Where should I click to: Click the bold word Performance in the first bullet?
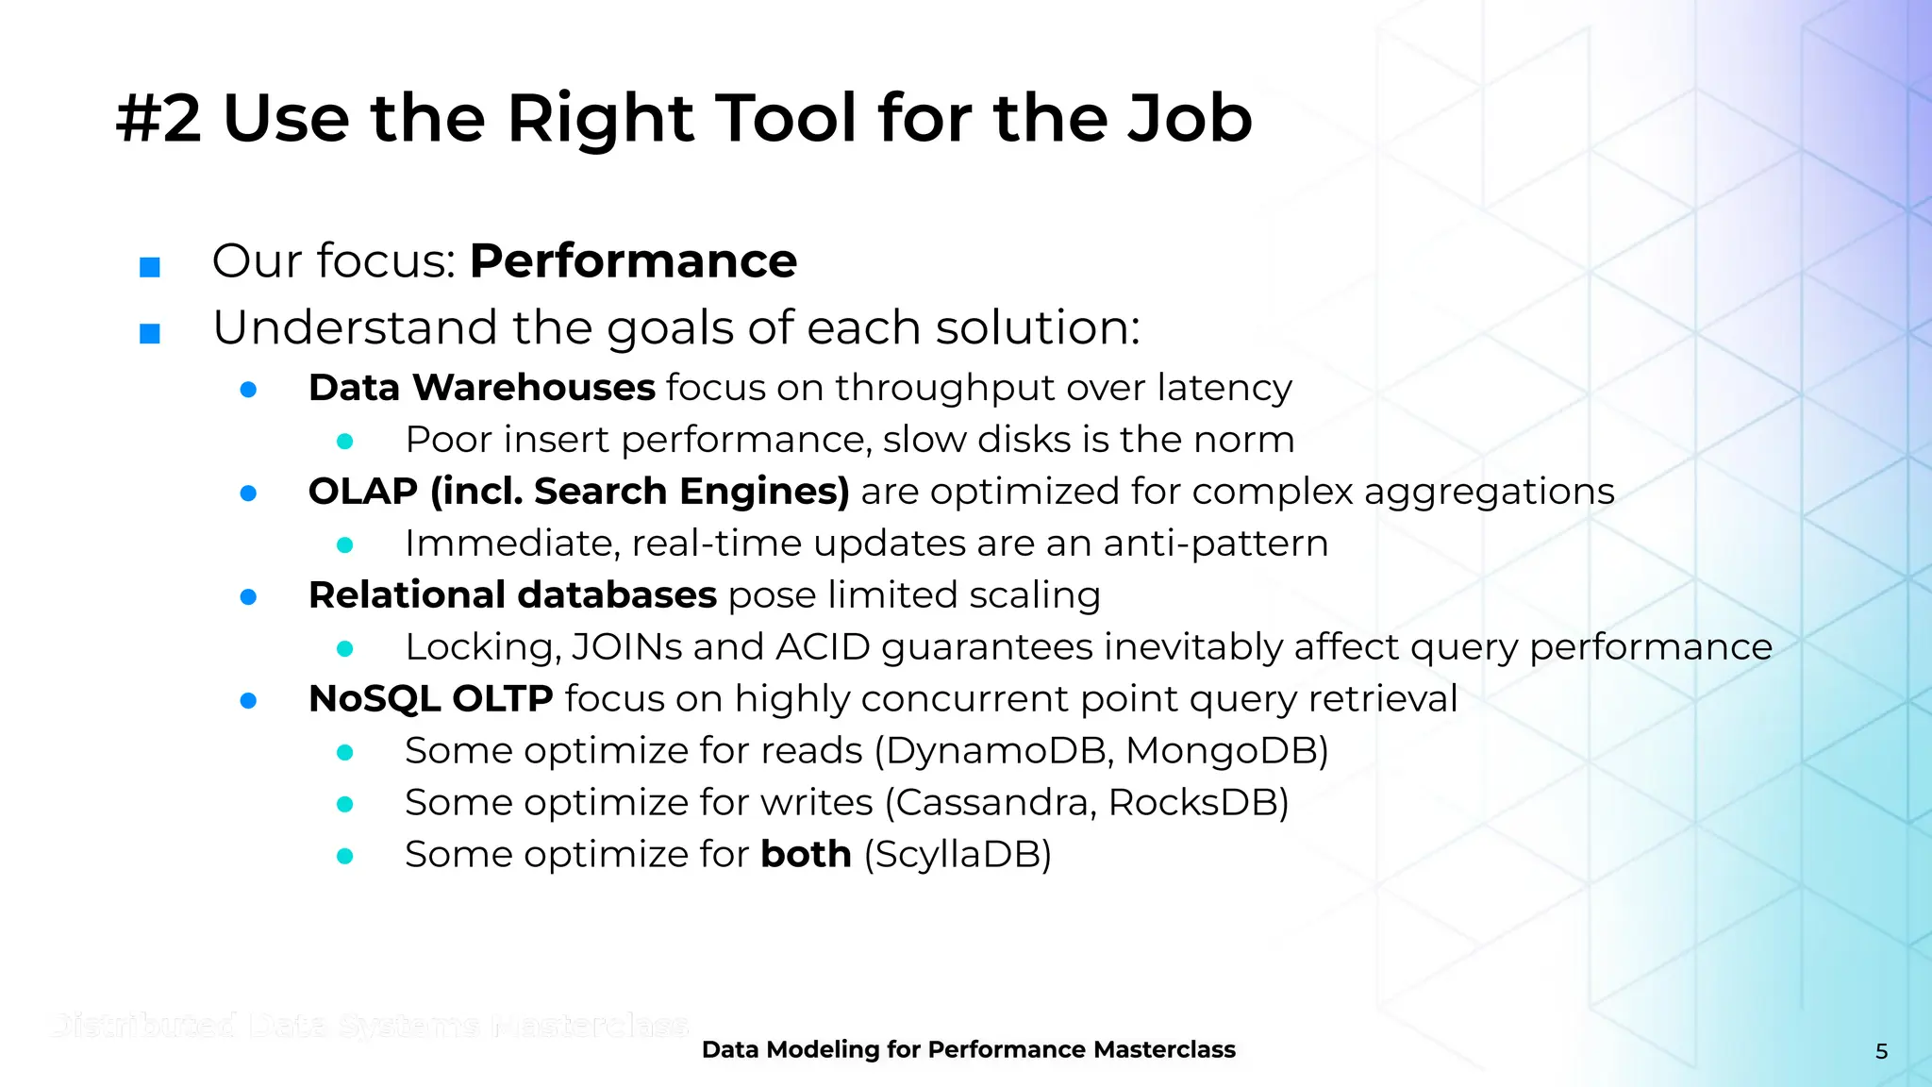point(633,261)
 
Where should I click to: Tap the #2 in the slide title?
point(158,119)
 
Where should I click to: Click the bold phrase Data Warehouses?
point(481,388)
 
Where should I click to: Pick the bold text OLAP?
point(363,493)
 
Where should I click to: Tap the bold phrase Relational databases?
point(512,595)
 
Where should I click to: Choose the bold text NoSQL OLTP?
point(430,699)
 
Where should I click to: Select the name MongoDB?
point(1223,751)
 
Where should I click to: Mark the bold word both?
point(806,854)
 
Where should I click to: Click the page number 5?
point(1881,1051)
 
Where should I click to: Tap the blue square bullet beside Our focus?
point(149,267)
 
